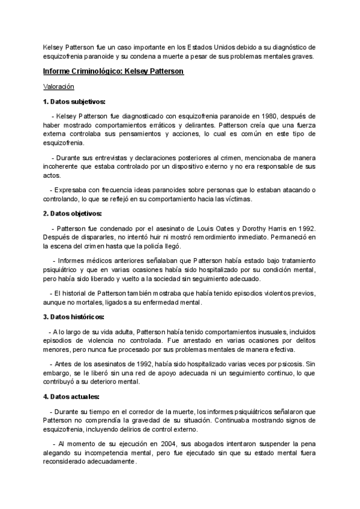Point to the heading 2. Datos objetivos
73,214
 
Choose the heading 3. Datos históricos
74,317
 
